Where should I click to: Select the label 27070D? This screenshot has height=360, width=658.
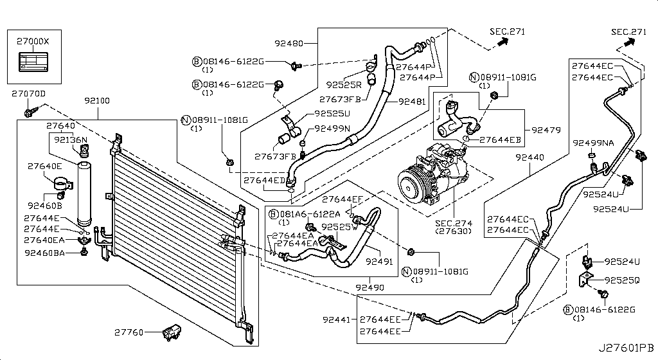click(29, 94)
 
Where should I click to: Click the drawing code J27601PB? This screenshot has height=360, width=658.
click(627, 348)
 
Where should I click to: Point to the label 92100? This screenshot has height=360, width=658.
click(96, 101)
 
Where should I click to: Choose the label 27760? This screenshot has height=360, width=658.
click(130, 332)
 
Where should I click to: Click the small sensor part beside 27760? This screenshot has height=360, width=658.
click(170, 332)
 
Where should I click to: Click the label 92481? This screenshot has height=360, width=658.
click(411, 101)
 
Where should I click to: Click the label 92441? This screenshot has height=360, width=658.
click(335, 319)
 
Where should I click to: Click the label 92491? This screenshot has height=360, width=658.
click(379, 262)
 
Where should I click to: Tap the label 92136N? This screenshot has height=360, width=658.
click(70, 139)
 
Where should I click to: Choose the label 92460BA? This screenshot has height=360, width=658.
click(44, 253)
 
